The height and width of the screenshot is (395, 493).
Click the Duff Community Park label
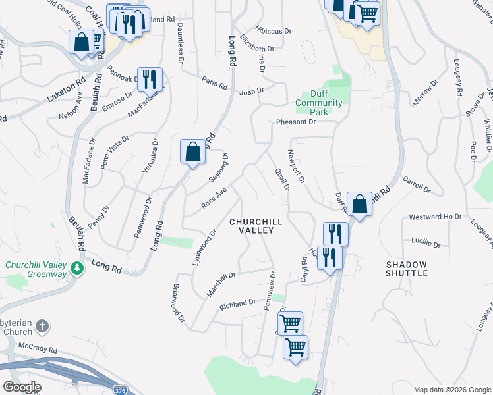point(318,103)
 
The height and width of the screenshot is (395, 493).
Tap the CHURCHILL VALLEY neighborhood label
point(256,226)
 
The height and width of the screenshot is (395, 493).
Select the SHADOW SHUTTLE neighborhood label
point(407,269)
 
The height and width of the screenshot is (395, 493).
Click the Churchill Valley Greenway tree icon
point(78,269)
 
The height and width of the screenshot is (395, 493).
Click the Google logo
point(21,387)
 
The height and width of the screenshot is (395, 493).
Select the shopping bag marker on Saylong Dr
point(192,152)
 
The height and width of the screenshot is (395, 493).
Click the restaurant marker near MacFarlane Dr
point(150,80)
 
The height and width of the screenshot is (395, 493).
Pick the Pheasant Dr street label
point(296,122)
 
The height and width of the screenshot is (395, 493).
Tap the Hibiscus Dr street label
point(274,30)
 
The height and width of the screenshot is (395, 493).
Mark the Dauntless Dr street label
point(180,42)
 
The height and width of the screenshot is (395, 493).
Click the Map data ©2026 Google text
point(452,390)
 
